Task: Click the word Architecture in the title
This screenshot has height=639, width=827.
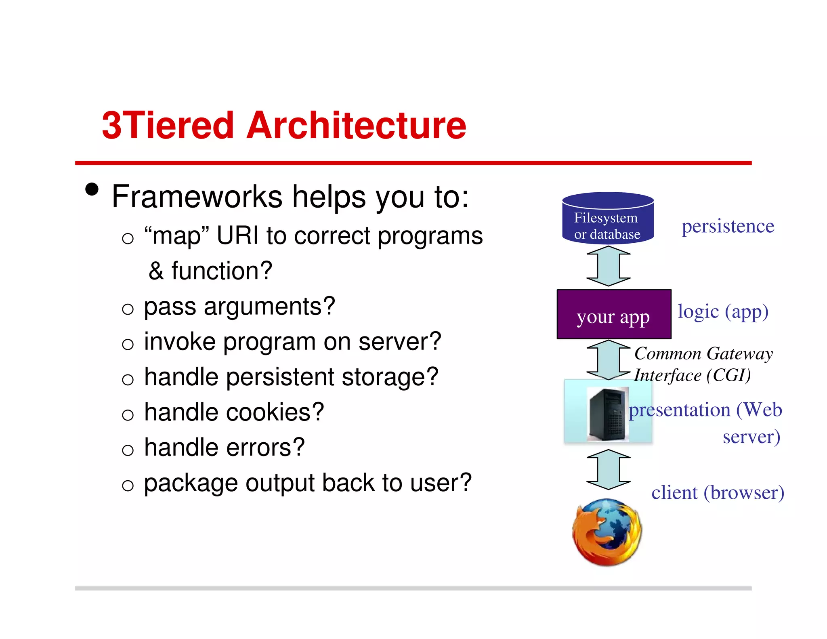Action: pyautogui.click(x=356, y=126)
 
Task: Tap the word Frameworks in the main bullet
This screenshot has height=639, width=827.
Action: pyautogui.click(x=197, y=197)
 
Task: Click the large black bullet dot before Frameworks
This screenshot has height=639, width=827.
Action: pyautogui.click(x=92, y=189)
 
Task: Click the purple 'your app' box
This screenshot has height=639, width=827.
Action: pyautogui.click(x=613, y=315)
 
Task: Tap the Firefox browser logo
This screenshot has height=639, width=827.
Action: pyautogui.click(x=607, y=532)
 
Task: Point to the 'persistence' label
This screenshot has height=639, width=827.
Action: pyautogui.click(x=728, y=226)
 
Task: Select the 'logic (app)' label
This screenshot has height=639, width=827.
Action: pyautogui.click(x=723, y=312)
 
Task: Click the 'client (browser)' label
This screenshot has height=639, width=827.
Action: pyautogui.click(x=718, y=493)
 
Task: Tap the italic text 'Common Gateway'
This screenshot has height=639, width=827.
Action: pyautogui.click(x=703, y=353)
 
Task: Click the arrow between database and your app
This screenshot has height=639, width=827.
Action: pyautogui.click(x=608, y=266)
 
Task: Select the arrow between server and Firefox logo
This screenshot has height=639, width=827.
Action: pyautogui.click(x=608, y=469)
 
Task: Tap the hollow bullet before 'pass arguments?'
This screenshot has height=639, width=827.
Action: pyautogui.click(x=128, y=309)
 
